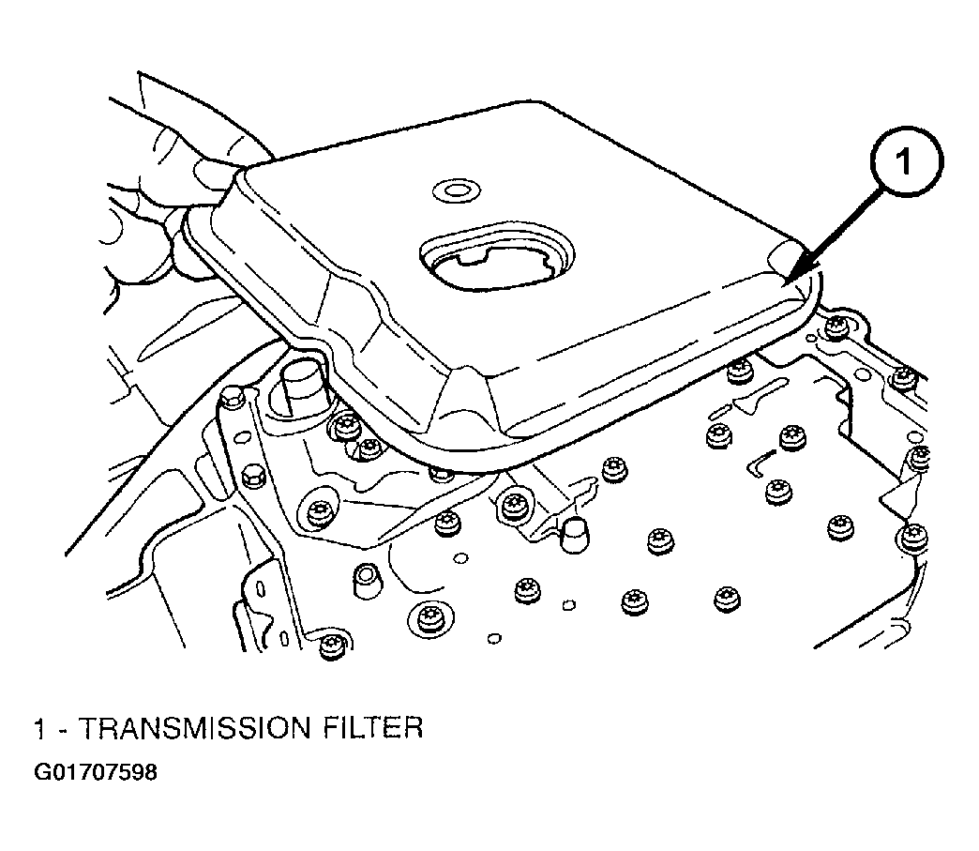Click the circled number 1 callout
(906, 161)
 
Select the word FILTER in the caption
(373, 728)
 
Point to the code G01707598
(96, 772)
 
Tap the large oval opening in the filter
(496, 255)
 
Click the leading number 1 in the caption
(40, 728)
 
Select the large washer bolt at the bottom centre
(429, 619)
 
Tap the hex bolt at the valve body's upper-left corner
(233, 398)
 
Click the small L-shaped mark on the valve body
(760, 463)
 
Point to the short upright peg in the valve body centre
(575, 536)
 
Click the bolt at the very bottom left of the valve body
(332, 646)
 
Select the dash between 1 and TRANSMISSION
(63, 730)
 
